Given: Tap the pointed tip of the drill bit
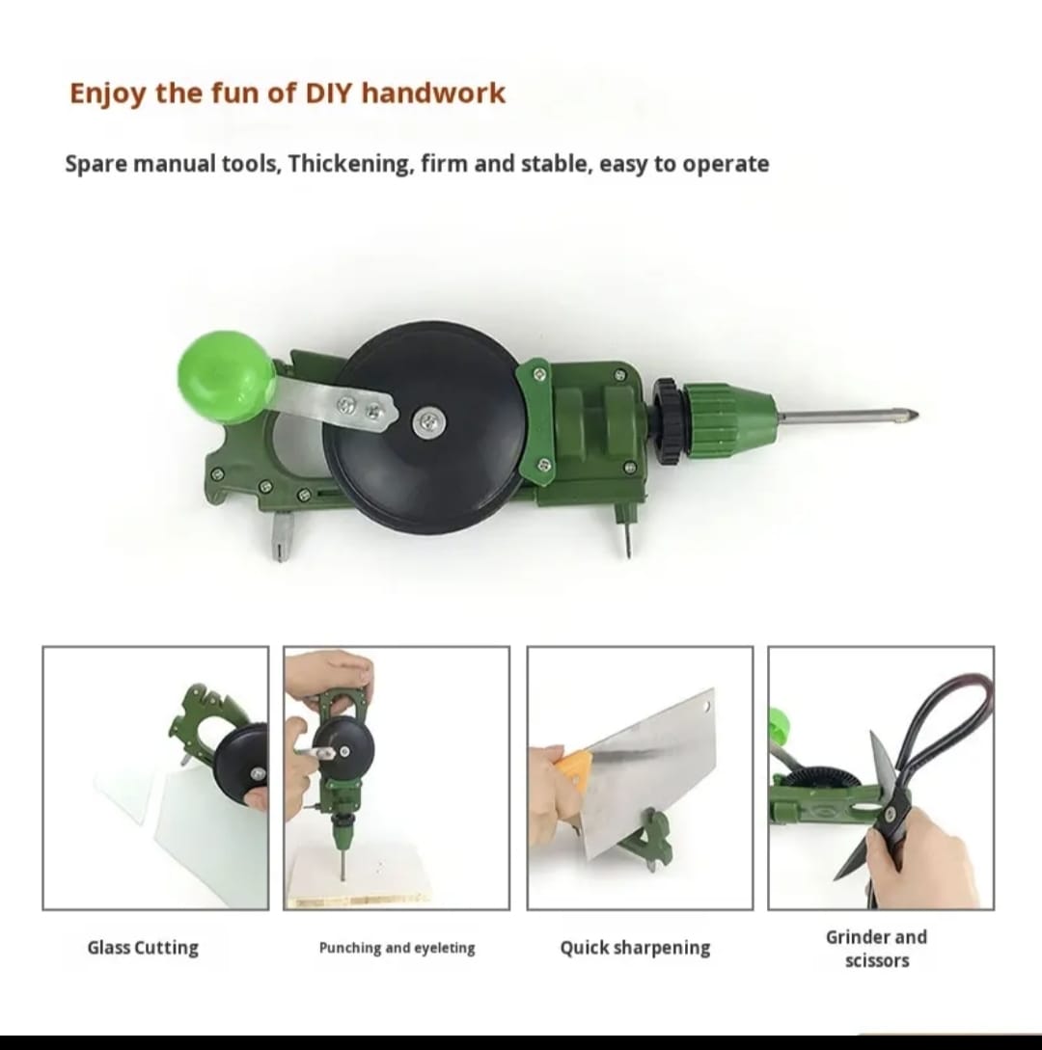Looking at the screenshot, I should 912,417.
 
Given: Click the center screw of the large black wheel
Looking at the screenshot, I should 426,420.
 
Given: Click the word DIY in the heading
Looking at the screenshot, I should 331,94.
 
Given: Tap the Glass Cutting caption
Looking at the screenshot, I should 143,948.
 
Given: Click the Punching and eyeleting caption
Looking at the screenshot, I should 397,949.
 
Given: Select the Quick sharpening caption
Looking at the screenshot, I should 635,948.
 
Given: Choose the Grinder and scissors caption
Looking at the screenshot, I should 876,949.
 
